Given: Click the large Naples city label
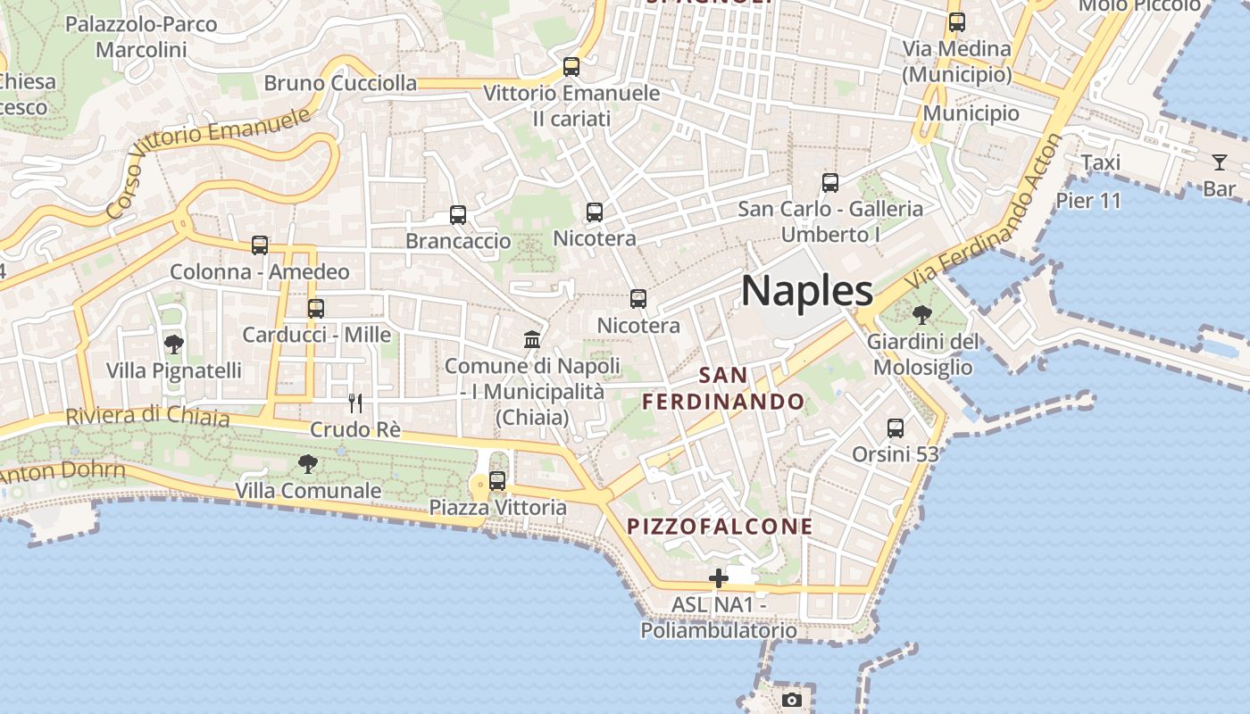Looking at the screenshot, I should point(807,291).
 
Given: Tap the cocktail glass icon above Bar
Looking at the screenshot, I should point(1219,162).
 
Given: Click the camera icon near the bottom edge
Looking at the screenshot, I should point(792,700).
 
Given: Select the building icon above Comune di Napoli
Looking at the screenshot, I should point(532,339).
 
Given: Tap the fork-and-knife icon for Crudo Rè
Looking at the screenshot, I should point(354,403).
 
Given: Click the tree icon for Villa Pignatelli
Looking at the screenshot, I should point(174,344).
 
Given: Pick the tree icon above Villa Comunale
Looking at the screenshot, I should point(308,464).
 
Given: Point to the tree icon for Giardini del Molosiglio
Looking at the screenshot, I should point(921,315).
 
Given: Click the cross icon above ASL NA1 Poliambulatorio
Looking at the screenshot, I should point(719,578).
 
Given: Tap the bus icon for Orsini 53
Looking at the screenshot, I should point(896,428).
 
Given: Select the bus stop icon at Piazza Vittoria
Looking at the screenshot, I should point(497,481).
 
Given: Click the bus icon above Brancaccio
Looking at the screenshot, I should point(458,215).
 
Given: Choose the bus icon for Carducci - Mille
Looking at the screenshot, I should point(316,309).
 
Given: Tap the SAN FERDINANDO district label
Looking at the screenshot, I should point(724,388).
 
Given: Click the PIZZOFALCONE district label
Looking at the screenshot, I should point(720,527).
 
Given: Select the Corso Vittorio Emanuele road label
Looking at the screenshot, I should point(210,161).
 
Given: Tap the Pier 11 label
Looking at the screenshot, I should point(1088,200).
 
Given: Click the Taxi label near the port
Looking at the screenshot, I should point(1100,162).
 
